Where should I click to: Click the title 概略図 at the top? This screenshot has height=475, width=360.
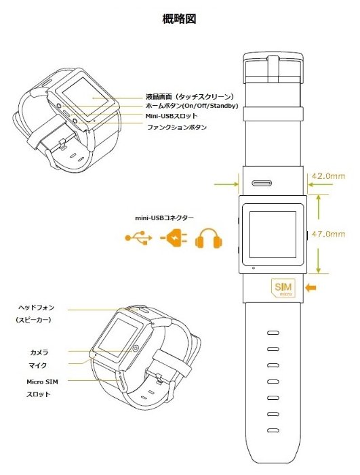pos(180,19)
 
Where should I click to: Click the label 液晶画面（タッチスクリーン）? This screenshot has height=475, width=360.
pos(190,97)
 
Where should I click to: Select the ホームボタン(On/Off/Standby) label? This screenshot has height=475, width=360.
pos(192,106)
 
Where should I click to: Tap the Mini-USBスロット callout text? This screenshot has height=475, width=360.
pos(172,116)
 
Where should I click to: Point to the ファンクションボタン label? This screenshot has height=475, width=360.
pos(177,127)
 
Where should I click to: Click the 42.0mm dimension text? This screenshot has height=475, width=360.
pos(329,175)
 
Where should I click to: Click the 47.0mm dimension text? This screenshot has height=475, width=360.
pos(329,234)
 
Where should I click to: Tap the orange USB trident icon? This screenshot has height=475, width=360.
pos(138,238)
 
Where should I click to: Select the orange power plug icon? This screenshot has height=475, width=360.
pos(174,238)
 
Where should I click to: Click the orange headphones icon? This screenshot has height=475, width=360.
pos(209,239)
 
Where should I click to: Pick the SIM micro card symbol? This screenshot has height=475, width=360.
pos(283,288)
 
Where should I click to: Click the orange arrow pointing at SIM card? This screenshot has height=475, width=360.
pos(311,287)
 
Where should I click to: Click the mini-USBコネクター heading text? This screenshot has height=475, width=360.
pos(164,218)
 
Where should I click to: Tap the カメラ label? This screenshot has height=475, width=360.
pos(39,352)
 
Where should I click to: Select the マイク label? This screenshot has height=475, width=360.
pos(38,365)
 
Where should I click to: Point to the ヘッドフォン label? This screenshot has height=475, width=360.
pos(36,308)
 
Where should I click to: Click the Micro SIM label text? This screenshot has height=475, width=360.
pos(42,381)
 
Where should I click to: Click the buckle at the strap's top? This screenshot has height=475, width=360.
pos(273,68)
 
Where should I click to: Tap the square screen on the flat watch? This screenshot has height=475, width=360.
pos(273,234)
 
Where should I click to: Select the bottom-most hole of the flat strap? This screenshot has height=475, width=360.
pos(273,430)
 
